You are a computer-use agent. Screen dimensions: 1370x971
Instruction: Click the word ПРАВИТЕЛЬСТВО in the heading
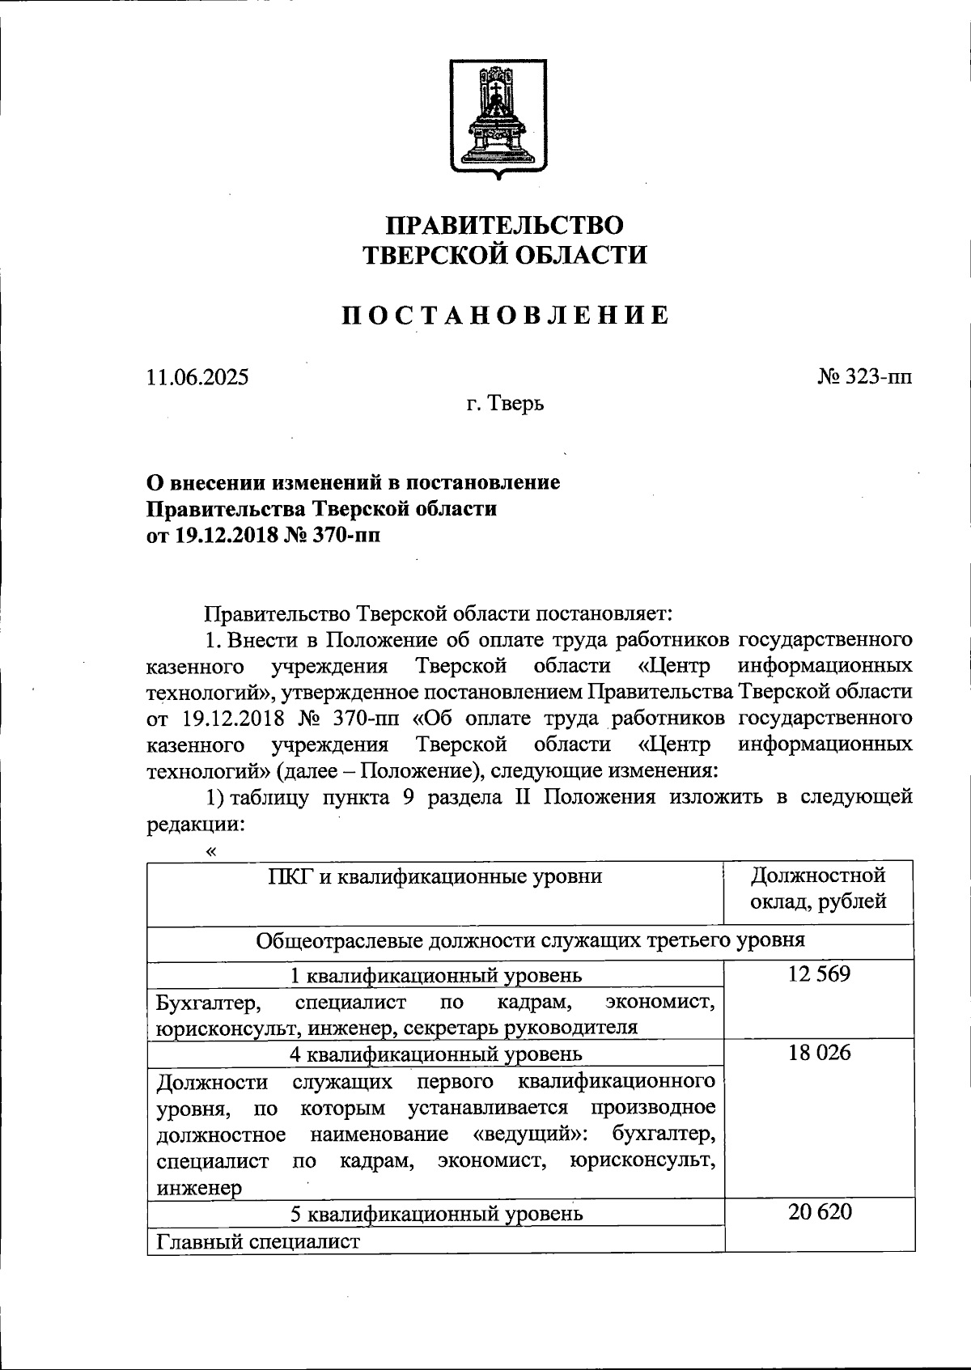coord(504,224)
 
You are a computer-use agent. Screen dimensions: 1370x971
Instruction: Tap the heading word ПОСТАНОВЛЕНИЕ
coord(504,315)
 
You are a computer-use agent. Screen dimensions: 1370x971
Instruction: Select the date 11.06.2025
coord(197,377)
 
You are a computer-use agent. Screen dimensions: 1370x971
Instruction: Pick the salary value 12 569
coord(819,974)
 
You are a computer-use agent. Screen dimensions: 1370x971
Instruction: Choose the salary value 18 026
coord(819,1053)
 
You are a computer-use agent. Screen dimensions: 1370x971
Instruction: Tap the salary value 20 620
coord(819,1212)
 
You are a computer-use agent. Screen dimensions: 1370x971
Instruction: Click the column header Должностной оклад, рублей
coord(818,888)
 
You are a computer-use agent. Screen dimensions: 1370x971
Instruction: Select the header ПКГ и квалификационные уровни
coord(435,876)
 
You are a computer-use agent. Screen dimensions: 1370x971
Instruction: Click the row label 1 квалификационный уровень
coord(435,975)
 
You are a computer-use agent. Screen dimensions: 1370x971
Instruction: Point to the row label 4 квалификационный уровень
coord(435,1054)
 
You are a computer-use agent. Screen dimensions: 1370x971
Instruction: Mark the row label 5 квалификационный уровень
coord(435,1213)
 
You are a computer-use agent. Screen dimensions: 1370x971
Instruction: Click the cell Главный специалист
coord(257,1241)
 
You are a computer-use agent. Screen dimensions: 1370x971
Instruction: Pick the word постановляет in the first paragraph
coord(605,613)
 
